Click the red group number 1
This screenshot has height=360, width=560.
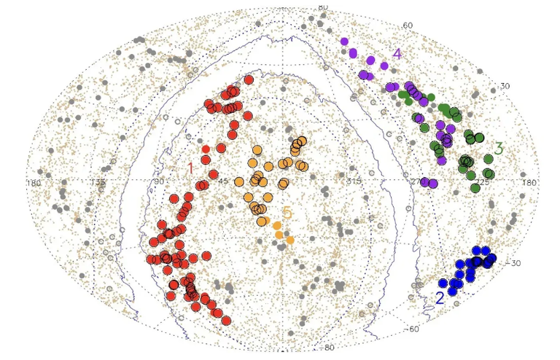(x=190, y=168)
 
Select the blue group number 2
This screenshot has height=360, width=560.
(x=440, y=297)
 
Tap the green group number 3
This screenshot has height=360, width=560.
(x=499, y=148)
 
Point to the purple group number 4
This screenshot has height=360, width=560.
(x=397, y=54)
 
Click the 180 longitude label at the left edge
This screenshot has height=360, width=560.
(x=34, y=182)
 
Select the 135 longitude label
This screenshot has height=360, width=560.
(x=98, y=182)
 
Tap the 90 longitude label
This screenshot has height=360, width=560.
(x=157, y=182)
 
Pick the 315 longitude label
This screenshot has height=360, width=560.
(x=353, y=181)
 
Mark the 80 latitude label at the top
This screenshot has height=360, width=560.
(x=323, y=7)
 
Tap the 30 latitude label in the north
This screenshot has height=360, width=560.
(x=505, y=86)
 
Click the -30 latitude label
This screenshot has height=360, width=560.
(x=514, y=263)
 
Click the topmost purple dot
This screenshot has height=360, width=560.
(x=344, y=42)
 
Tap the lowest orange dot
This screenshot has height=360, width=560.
(x=289, y=240)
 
